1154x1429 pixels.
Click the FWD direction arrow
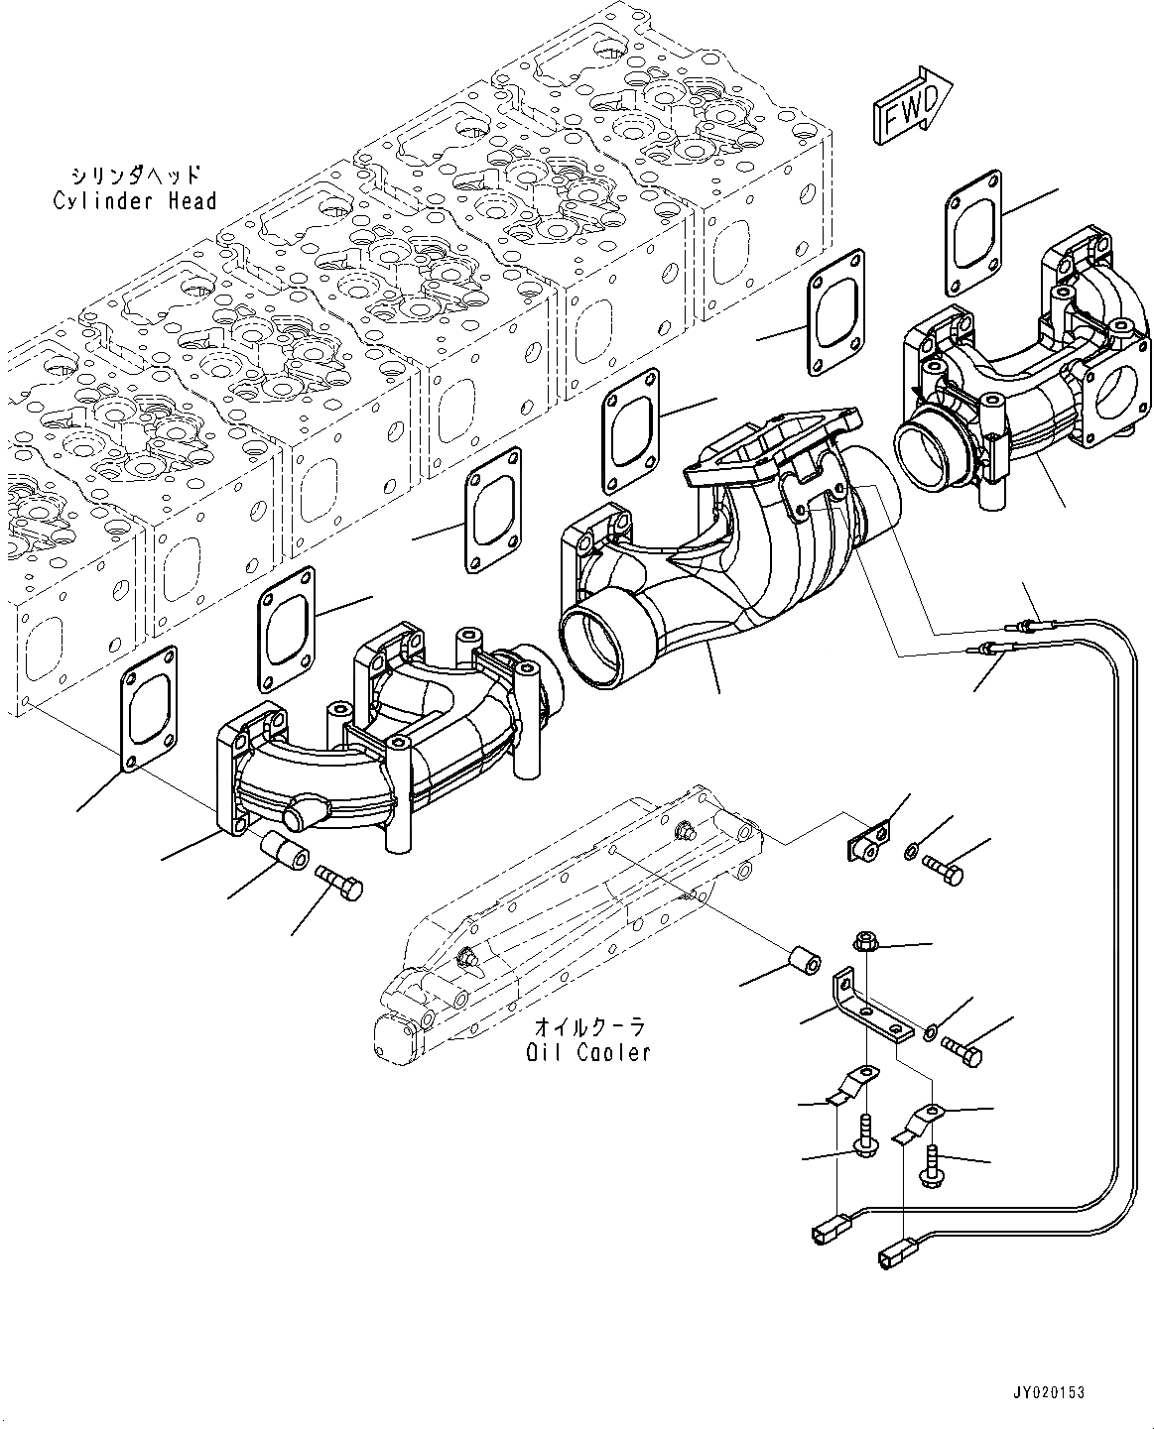[914, 107]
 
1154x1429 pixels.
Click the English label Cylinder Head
[135, 201]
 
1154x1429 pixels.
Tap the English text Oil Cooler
[588, 1052]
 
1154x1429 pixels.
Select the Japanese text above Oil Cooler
[589, 1028]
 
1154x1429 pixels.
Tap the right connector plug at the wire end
[889, 1256]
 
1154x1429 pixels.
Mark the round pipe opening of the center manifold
[596, 648]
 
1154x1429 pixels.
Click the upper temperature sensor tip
[1018, 626]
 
